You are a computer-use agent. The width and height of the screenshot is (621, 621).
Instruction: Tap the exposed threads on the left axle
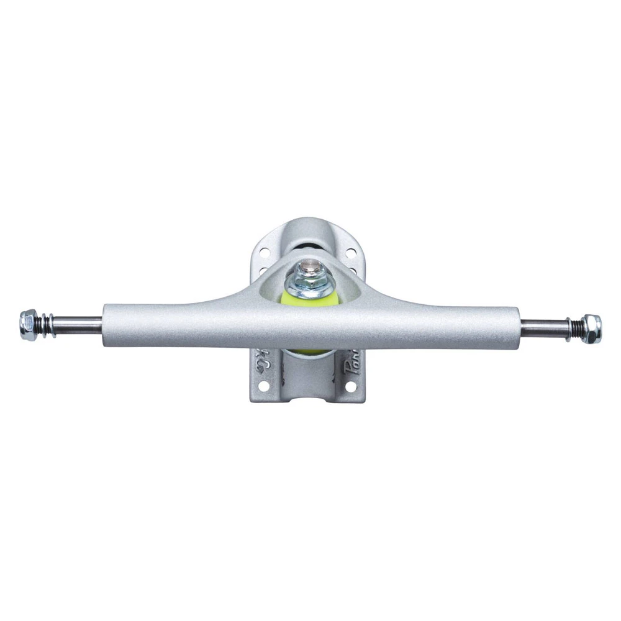(x=47, y=324)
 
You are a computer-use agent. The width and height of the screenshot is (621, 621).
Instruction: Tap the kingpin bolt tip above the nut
(x=310, y=268)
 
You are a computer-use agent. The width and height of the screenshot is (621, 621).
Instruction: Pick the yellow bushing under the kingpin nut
(x=310, y=299)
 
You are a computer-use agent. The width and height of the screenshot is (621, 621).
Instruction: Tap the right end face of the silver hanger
(x=518, y=327)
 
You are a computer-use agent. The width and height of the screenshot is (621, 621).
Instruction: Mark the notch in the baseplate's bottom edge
(x=309, y=397)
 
